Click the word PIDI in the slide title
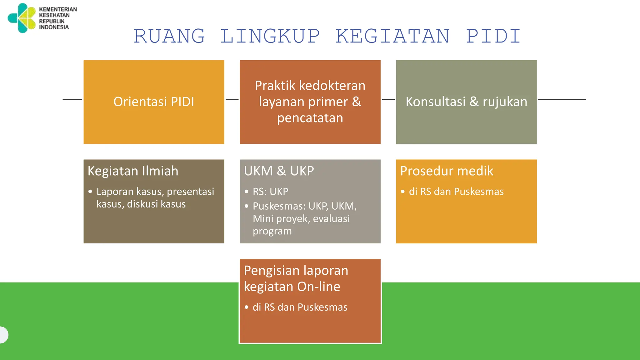493,36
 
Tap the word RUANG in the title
169,36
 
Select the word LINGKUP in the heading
270,36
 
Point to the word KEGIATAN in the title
392,36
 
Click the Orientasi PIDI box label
154,102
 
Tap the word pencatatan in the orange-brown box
310,118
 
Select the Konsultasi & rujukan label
466,102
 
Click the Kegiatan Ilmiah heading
133,171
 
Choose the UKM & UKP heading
279,171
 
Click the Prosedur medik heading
447,171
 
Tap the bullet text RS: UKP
270,192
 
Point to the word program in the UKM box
272,231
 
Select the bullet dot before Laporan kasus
90,192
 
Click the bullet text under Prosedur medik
456,192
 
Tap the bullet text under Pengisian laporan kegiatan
300,307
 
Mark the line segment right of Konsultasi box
562,100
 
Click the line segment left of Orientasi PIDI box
72,100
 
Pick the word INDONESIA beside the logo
54,27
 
